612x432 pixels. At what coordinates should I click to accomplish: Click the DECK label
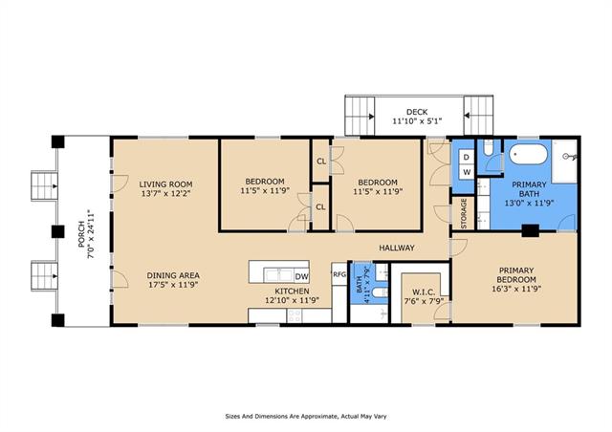click(417, 112)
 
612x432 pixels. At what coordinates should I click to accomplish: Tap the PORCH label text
click(81, 234)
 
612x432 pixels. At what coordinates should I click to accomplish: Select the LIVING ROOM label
click(165, 184)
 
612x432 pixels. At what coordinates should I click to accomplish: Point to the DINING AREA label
click(173, 275)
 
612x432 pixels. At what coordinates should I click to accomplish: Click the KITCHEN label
click(292, 292)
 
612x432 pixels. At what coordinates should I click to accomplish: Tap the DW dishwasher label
click(301, 277)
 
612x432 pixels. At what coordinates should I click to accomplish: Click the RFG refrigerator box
click(339, 274)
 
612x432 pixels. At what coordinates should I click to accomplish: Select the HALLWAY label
click(397, 248)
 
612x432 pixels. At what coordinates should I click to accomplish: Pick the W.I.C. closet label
click(424, 292)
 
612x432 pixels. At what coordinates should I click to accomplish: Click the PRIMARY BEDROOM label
click(516, 275)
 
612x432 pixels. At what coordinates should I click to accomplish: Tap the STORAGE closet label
click(464, 213)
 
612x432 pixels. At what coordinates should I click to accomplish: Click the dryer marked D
click(467, 158)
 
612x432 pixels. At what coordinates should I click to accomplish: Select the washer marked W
click(467, 172)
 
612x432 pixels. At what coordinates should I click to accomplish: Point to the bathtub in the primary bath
click(529, 154)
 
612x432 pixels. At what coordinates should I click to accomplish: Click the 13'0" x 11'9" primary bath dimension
click(529, 203)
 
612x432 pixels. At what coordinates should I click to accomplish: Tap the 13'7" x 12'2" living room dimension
click(165, 194)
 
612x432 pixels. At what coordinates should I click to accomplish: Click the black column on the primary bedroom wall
click(530, 230)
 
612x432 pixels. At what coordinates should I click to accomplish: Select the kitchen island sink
click(278, 274)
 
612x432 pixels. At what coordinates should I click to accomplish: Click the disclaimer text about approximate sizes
click(306, 417)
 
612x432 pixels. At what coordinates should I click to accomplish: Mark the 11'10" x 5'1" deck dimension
click(417, 121)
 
